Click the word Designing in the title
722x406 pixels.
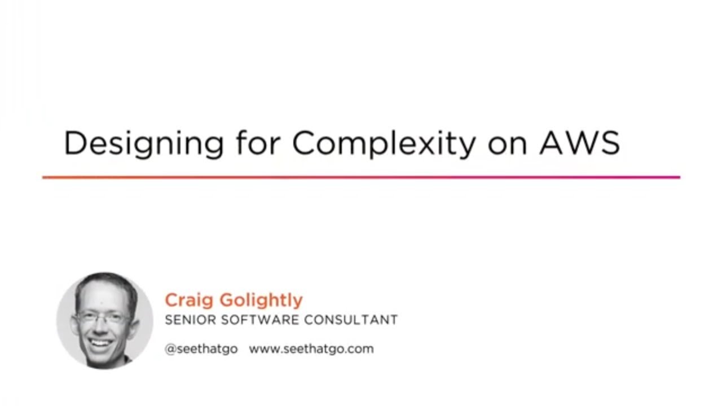click(143, 143)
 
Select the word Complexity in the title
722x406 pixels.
click(384, 143)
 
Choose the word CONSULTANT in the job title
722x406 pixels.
click(351, 320)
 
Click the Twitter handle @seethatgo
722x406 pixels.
click(201, 349)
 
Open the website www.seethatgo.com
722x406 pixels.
click(311, 349)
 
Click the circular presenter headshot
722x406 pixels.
click(105, 320)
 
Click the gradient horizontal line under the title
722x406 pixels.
click(361, 177)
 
